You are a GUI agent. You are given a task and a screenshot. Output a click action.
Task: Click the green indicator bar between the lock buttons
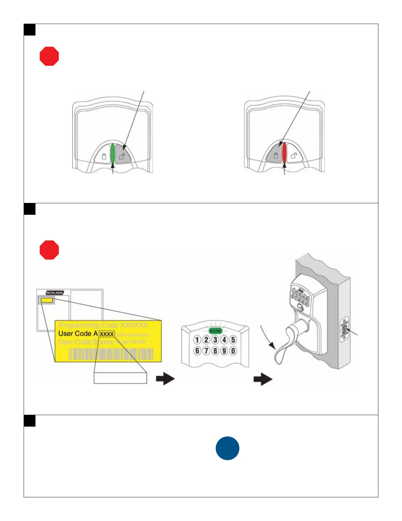(113, 154)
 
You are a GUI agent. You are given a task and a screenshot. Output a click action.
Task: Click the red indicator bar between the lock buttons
(284, 154)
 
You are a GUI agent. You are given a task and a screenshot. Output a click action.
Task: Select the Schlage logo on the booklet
(55, 293)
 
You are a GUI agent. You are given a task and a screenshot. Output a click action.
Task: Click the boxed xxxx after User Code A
(107, 334)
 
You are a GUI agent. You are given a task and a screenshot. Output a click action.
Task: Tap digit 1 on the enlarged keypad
(197, 340)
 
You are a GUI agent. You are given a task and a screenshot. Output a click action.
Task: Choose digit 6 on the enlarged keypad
(197, 351)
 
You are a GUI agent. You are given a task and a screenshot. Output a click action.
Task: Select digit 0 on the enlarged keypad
(233, 351)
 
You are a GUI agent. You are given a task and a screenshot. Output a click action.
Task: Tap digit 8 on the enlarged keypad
(215, 351)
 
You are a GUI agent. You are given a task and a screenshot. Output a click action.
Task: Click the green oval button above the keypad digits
(215, 331)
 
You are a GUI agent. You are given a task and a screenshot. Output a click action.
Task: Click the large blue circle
(228, 448)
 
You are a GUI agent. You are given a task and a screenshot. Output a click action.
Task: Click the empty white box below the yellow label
(120, 378)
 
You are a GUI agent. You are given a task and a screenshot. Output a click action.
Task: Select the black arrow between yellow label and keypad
(165, 379)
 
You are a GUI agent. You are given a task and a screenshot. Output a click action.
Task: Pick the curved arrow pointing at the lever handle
(266, 337)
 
